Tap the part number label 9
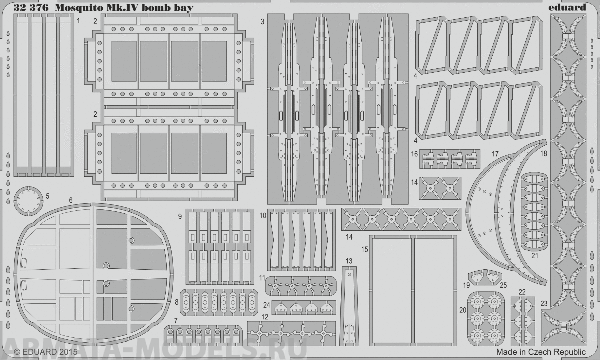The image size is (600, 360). (x=180, y=216)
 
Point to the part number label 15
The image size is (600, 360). (x=366, y=249)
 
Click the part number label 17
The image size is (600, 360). (x=494, y=154)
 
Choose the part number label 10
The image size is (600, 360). (x=262, y=215)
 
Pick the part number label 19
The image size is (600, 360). (x=466, y=287)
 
